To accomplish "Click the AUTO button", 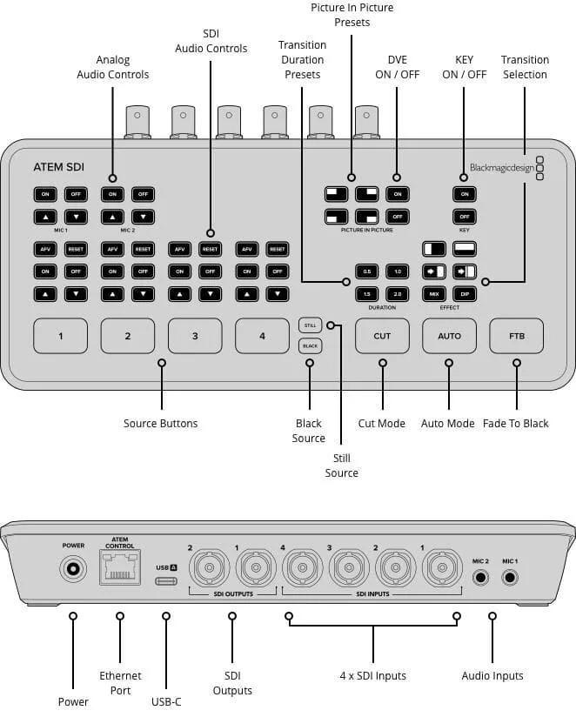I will tap(449, 335).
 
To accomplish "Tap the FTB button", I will tap(517, 335).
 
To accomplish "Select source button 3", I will tap(195, 335).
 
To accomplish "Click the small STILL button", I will tap(309, 325).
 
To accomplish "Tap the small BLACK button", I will tap(309, 345).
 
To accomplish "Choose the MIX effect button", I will tap(434, 294).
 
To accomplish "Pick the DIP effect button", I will tap(465, 294).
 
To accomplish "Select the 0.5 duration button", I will tap(367, 271).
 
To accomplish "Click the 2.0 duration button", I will tap(397, 294).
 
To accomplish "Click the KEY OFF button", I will tap(465, 216).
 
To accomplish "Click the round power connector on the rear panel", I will tap(73, 571).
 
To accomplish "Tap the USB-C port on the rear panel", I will tap(165, 581).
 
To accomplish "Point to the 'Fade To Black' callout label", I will tap(516, 424).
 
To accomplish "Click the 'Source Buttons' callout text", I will tap(160, 424).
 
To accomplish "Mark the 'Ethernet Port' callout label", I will tap(120, 683).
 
